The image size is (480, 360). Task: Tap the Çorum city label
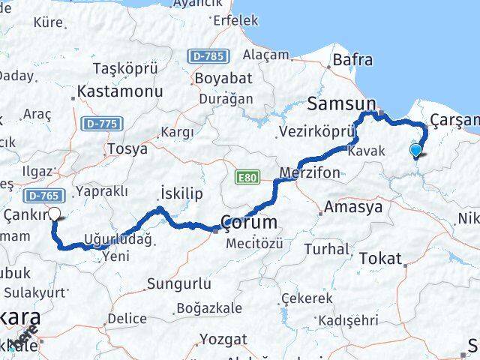249,222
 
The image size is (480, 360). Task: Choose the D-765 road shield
42,196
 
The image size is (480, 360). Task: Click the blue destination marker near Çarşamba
416,150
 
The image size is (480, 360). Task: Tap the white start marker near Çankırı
55,214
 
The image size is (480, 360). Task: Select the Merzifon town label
309,172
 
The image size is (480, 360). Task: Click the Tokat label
380,258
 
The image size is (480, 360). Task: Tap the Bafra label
352,58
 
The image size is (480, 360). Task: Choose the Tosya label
127,148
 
